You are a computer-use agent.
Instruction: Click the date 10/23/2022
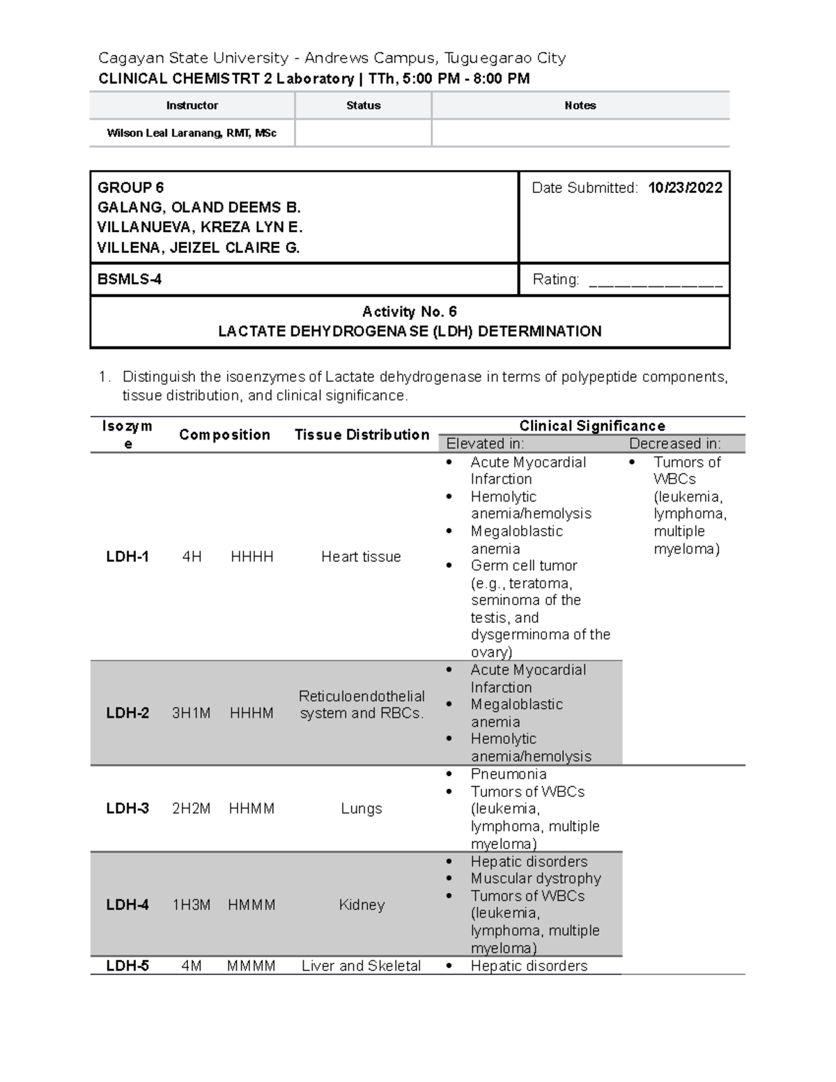684,187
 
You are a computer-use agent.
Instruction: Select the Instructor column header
192,106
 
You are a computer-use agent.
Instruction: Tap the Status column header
363,106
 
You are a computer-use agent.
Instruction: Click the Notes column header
580,106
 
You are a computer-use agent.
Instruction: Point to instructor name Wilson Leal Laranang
191,133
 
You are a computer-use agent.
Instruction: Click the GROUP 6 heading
131,187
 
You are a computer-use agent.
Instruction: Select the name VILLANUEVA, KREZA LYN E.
200,227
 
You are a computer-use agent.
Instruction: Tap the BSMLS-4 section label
130,279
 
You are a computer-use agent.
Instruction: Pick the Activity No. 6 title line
409,311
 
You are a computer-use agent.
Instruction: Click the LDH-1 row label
127,557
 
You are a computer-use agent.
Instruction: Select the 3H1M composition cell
191,713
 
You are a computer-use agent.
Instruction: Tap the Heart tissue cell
361,557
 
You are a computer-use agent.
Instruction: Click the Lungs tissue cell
361,809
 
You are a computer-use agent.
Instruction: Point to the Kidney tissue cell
361,905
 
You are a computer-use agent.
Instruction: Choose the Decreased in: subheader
674,444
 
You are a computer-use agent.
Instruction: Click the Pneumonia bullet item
508,774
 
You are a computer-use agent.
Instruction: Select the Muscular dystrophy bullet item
535,879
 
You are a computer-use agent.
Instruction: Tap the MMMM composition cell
251,966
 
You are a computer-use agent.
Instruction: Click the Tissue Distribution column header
362,435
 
